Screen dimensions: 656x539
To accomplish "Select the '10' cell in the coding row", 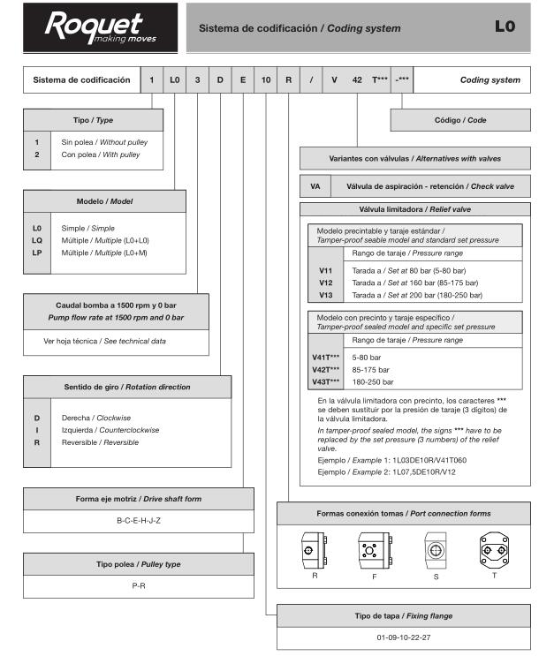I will coord(265,80).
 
